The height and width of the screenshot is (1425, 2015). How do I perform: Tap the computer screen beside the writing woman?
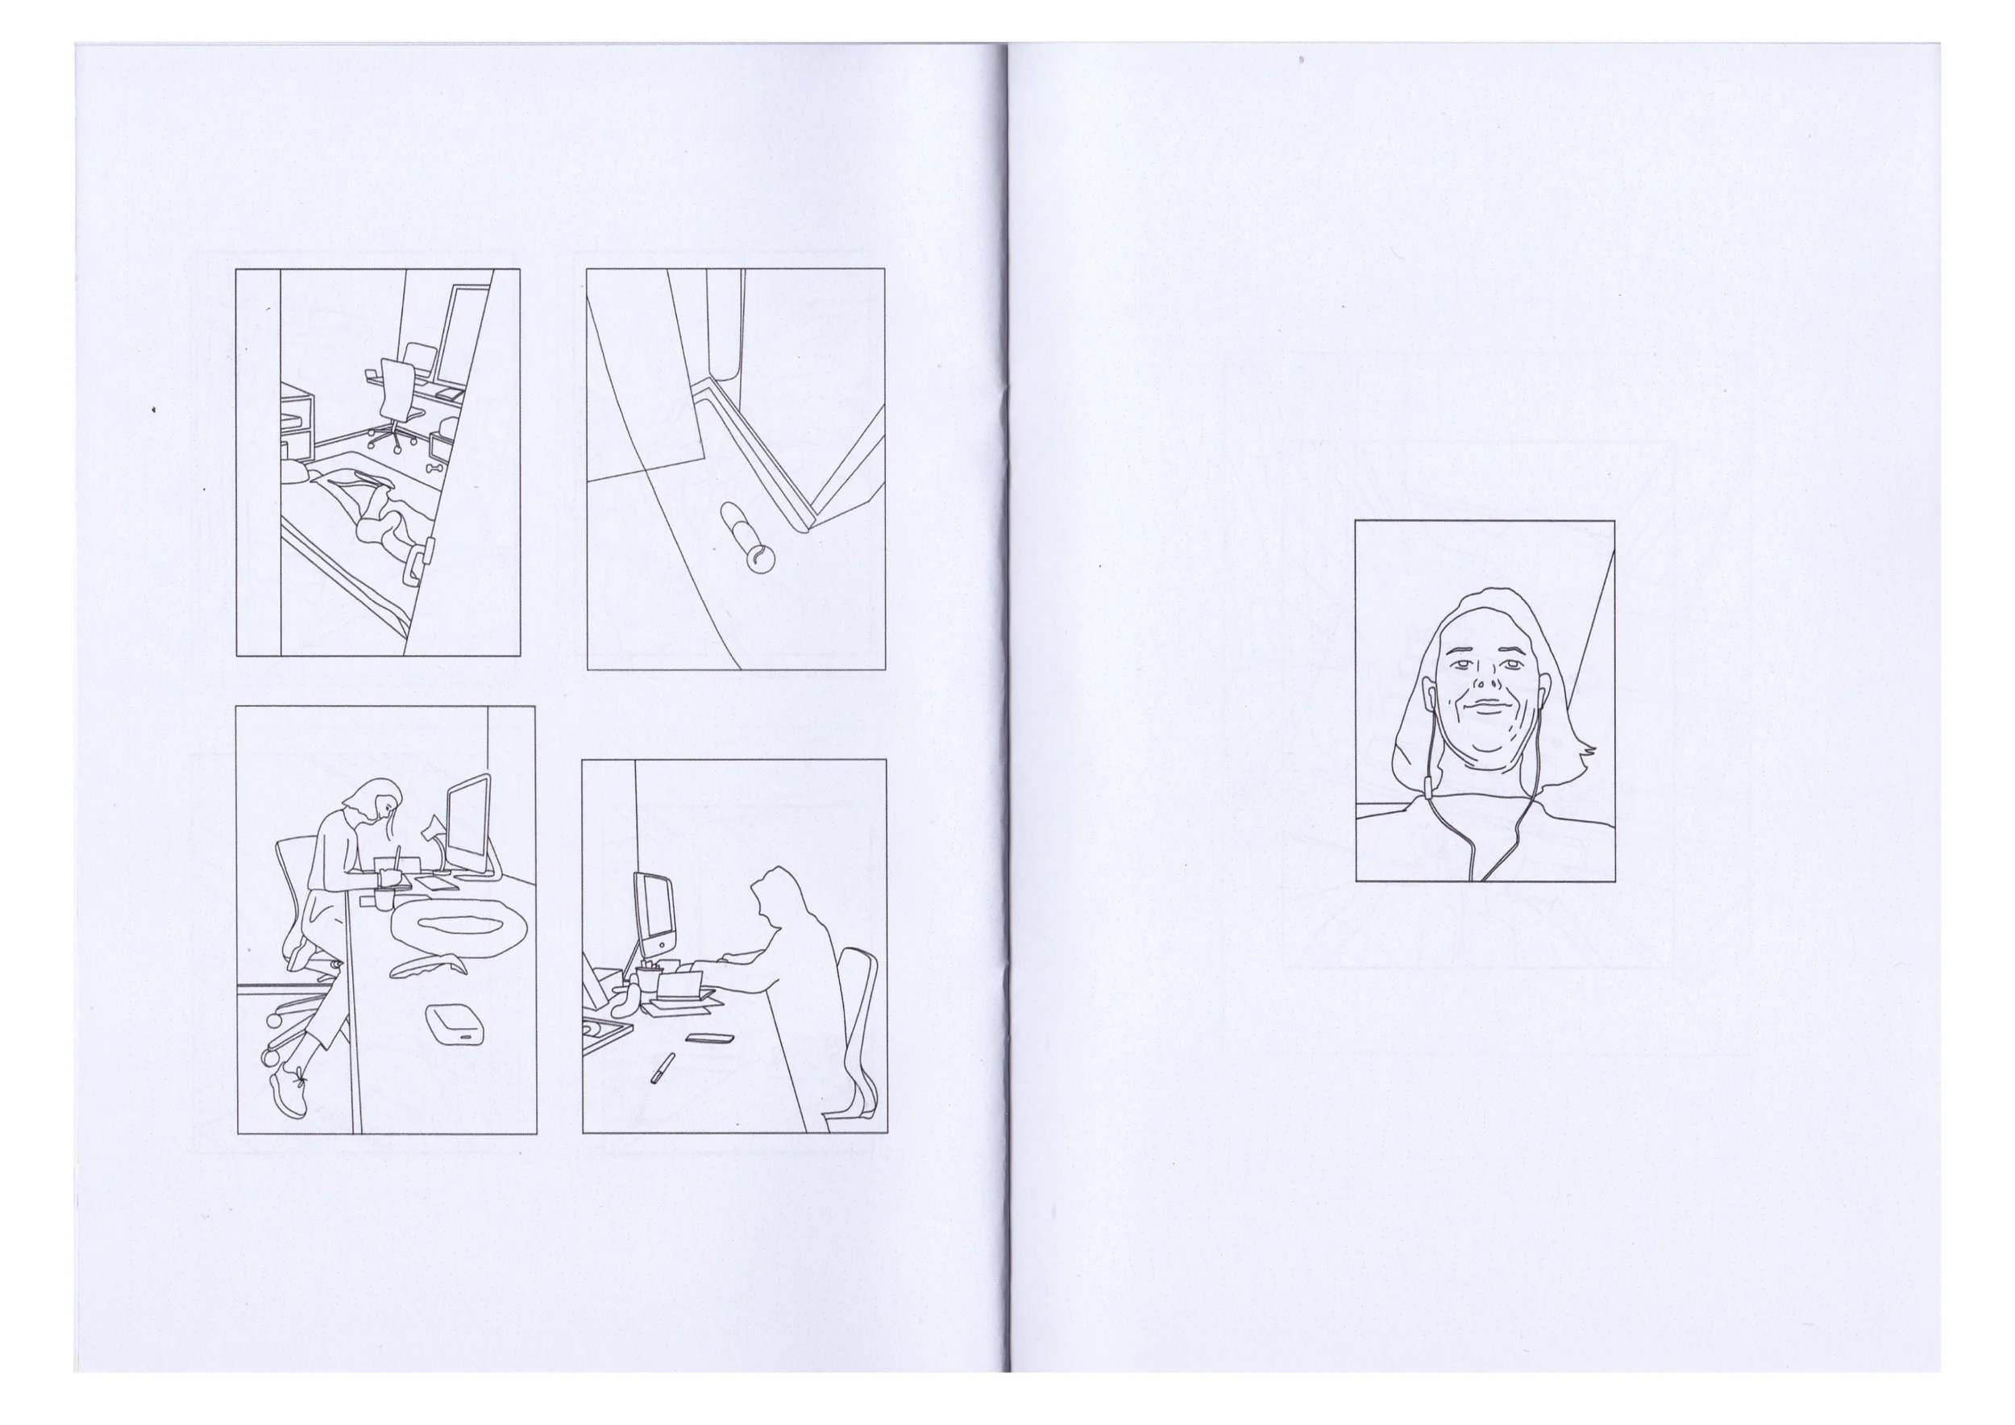click(x=467, y=823)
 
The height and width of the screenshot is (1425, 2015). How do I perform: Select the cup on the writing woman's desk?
click(x=385, y=898)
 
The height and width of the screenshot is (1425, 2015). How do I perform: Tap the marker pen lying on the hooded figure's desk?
click(x=662, y=1068)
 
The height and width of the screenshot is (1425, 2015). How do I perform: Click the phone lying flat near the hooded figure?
click(x=707, y=1038)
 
